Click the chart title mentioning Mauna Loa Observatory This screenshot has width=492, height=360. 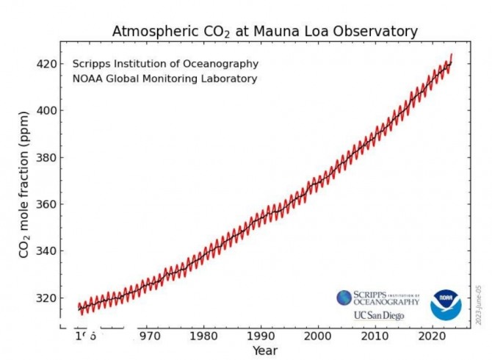(x=264, y=32)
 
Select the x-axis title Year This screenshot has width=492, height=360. (x=264, y=350)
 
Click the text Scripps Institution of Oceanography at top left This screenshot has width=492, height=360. (x=164, y=64)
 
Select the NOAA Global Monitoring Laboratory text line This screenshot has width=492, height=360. (x=164, y=79)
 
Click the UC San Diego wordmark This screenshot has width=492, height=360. (x=378, y=315)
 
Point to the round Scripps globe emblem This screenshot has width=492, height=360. (x=344, y=298)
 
